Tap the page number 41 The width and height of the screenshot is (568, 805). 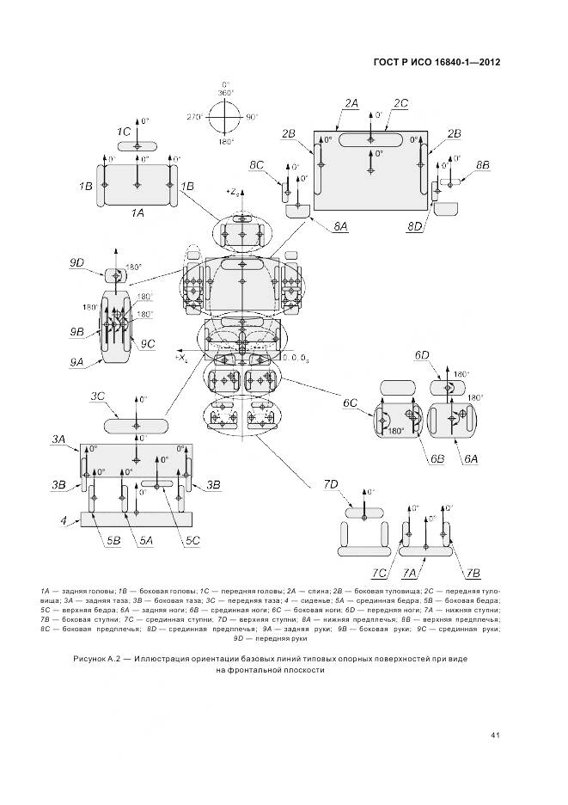(495, 734)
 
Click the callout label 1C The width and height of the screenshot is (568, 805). (124, 131)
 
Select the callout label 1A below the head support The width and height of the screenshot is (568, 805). (137, 211)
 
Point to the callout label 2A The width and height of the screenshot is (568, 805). (351, 103)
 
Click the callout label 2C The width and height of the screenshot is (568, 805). (400, 103)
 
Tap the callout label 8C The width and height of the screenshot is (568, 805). (257, 163)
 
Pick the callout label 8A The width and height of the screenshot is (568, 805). (340, 225)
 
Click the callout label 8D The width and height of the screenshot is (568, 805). (416, 225)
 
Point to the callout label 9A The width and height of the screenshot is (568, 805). (78, 362)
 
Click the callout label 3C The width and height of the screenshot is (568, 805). (97, 396)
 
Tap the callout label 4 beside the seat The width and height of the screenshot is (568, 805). (63, 520)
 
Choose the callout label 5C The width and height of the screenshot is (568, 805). (192, 540)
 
